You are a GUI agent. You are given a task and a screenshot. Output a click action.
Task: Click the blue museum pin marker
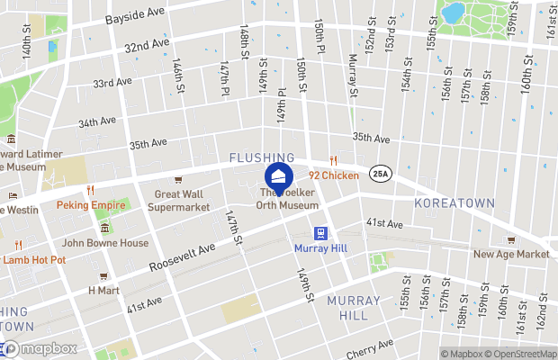click(x=279, y=174)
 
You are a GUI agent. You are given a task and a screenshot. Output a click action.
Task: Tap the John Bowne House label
click(x=104, y=243)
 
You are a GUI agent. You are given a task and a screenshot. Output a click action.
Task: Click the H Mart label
click(x=103, y=291)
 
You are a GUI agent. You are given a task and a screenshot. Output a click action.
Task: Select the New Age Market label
click(x=511, y=254)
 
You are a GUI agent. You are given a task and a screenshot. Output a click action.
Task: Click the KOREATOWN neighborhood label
click(x=455, y=204)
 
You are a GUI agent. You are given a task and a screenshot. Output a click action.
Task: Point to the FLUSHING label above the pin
click(x=262, y=157)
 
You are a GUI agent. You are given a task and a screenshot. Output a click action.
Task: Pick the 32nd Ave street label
click(x=148, y=45)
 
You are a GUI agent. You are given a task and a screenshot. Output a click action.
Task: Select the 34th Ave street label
click(x=97, y=122)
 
